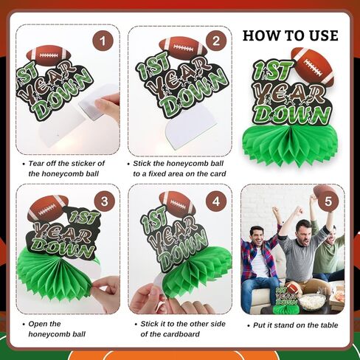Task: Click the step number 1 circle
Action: point(103,41)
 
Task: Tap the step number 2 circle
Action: point(215,41)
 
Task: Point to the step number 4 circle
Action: point(215,201)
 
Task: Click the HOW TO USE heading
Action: point(291,35)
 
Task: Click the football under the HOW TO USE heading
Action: point(312,66)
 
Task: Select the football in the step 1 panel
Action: point(49,56)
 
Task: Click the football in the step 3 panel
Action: point(47,209)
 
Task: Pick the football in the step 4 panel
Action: point(177,204)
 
